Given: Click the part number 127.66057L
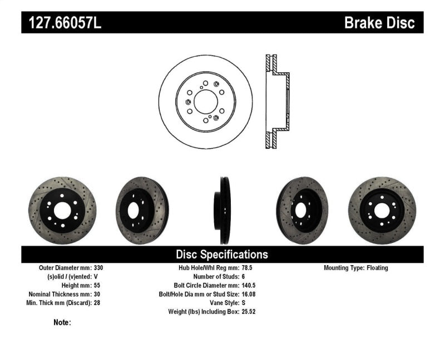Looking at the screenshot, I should [x=62, y=23].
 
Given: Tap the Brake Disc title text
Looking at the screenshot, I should [x=379, y=23].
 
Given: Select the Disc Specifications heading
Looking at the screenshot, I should [x=222, y=255].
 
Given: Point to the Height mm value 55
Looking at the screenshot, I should [x=97, y=285].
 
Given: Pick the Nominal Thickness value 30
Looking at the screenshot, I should [x=97, y=294].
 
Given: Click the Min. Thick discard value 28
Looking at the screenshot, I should [x=97, y=303].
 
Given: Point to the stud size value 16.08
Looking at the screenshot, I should [x=250, y=294].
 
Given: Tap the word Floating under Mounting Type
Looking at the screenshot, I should [x=377, y=268].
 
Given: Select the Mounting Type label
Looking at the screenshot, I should [x=343, y=268].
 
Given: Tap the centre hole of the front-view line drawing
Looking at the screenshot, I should [x=205, y=102].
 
